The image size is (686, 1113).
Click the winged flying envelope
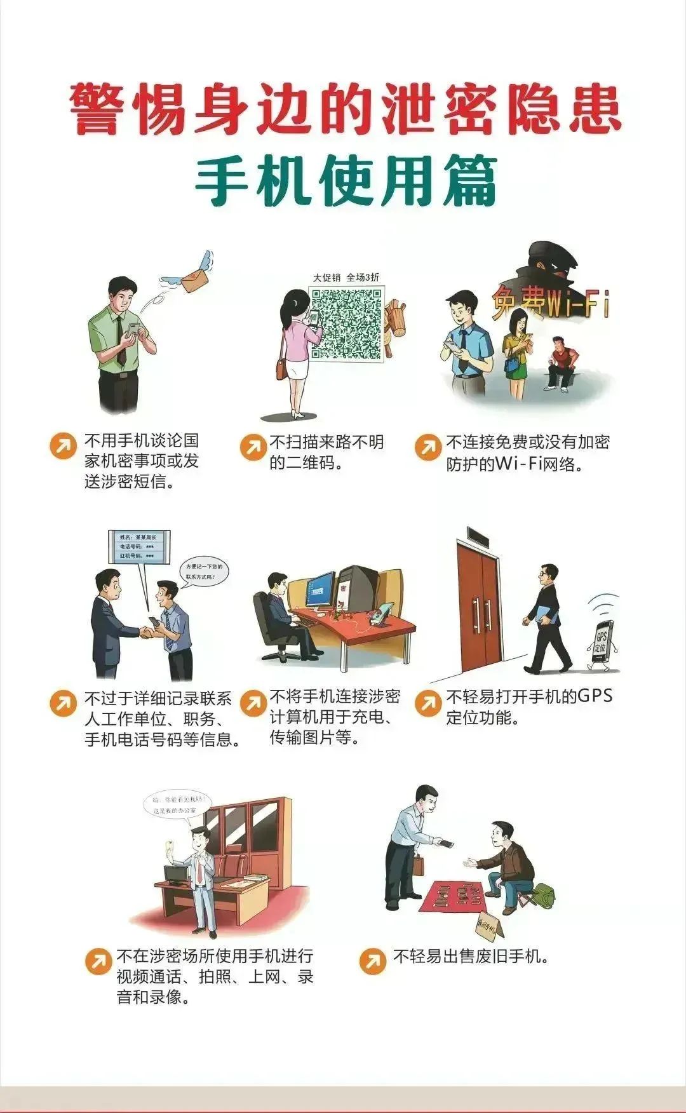[191, 275]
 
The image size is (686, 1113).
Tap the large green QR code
[347, 324]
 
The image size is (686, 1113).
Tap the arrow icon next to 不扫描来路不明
[253, 447]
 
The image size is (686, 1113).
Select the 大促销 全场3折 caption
[346, 277]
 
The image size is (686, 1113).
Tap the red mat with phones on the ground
[461, 896]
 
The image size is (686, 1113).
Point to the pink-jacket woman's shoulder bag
[281, 368]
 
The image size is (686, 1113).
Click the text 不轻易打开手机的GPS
[529, 697]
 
